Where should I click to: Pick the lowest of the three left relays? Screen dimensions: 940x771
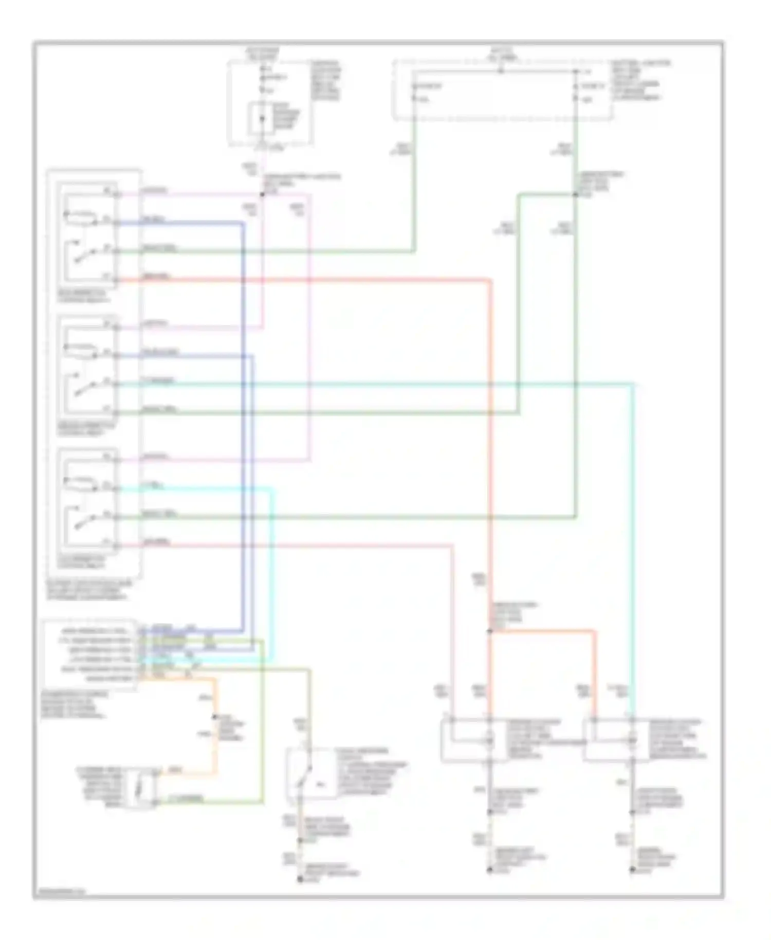click(x=88, y=502)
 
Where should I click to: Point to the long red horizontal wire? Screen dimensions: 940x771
click(x=308, y=280)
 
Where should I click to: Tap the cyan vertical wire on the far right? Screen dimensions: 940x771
click(x=632, y=540)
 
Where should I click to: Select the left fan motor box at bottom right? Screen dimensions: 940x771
click(x=467, y=739)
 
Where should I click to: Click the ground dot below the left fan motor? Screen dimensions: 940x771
click(x=489, y=870)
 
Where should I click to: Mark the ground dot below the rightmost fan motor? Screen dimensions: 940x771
click(x=632, y=870)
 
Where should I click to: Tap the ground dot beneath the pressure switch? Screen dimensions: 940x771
click(x=300, y=880)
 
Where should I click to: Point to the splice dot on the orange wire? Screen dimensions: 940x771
click(x=215, y=718)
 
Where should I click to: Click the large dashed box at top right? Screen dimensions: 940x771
click(x=503, y=91)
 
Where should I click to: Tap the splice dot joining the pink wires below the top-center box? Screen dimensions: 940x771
click(x=262, y=195)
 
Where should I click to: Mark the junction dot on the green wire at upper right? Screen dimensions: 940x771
click(x=575, y=195)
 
